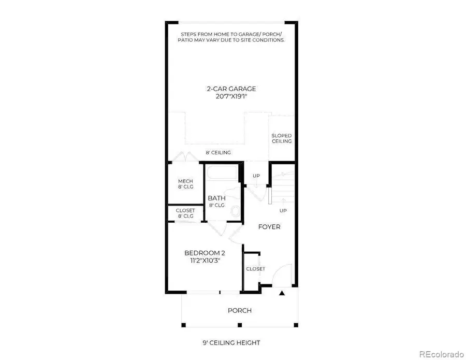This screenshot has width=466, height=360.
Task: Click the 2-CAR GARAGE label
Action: click(x=231, y=89)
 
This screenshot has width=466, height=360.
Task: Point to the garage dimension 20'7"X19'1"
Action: click(x=231, y=96)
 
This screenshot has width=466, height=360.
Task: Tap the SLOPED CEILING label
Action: click(x=282, y=138)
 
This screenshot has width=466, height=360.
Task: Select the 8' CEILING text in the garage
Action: click(x=218, y=152)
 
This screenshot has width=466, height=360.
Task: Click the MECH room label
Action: click(x=185, y=183)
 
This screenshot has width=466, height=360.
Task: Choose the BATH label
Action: click(x=216, y=201)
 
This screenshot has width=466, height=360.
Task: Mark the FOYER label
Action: click(x=269, y=227)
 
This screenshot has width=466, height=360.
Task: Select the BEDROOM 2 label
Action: click(x=205, y=253)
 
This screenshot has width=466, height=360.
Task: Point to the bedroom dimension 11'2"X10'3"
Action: click(x=205, y=261)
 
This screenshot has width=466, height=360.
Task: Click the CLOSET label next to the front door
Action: click(x=255, y=269)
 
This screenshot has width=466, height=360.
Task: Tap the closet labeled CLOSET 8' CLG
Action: click(x=185, y=213)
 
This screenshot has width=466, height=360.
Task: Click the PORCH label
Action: click(x=240, y=310)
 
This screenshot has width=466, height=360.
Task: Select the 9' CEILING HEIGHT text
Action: click(x=231, y=342)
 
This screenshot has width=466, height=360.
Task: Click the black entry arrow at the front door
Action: click(x=282, y=294)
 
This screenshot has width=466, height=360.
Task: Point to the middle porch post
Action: click(x=239, y=325)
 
